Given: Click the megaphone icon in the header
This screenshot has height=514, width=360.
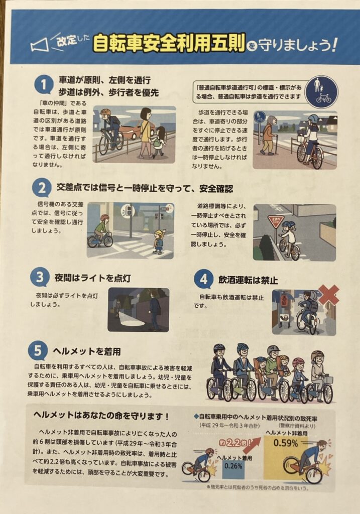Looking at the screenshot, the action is click(39, 45).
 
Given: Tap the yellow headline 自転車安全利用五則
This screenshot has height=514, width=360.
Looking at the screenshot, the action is click(169, 43).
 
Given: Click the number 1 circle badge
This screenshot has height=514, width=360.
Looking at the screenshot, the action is click(44, 85).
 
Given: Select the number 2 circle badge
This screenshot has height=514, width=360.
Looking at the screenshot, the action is click(42, 188).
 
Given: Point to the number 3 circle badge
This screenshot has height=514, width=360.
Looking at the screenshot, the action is click(39, 277).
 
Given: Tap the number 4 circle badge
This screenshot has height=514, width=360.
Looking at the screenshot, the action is click(204, 279).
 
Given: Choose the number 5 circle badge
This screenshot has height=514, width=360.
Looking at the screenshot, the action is click(38, 350).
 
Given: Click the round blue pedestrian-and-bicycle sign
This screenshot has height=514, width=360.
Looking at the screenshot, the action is click(321, 92).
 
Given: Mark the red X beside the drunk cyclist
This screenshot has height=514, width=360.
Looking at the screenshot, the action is click(328, 295).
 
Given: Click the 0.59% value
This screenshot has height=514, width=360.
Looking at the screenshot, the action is click(286, 443).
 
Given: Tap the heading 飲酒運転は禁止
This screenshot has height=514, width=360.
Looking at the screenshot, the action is click(248, 280).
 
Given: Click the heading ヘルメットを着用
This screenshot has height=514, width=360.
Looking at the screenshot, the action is click(87, 351).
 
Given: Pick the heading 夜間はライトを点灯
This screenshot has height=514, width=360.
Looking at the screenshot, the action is click(93, 278).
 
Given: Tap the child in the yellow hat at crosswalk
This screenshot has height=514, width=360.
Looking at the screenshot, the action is click(159, 241).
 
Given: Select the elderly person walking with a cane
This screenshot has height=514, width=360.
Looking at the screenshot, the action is click(269, 135).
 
